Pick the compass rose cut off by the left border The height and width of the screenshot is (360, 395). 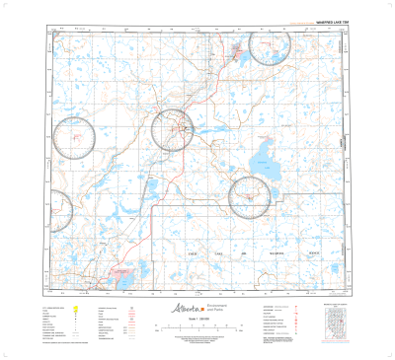[58, 207]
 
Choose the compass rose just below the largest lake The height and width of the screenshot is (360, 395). [250, 196]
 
